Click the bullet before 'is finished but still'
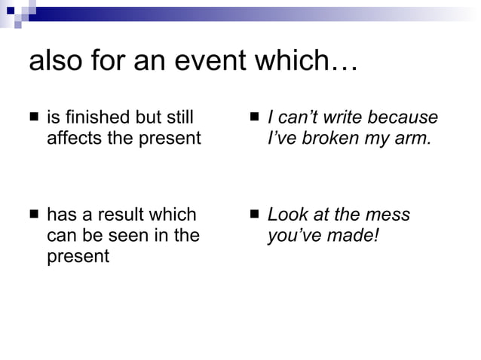point(34,118)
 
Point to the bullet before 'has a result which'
point(34,215)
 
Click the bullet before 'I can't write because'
point(255,118)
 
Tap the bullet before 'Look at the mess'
point(255,215)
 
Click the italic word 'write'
point(341,118)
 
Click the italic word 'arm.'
point(415,139)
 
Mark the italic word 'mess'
point(390,215)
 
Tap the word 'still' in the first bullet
point(179,118)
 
